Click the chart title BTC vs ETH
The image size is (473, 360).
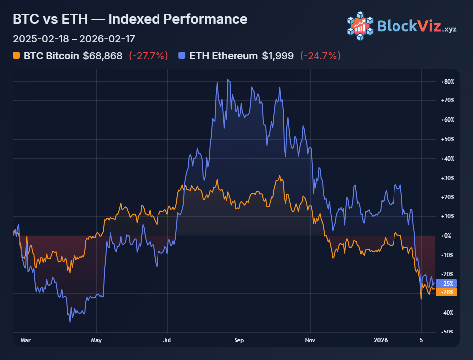point(130,19)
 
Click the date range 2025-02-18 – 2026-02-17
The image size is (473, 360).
point(74,39)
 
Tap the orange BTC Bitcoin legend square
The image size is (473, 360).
point(16,56)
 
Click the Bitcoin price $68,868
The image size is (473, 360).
point(102,56)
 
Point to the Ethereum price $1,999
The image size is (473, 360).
point(278,56)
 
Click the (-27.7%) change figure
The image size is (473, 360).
point(149,56)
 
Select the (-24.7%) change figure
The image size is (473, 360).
point(320,56)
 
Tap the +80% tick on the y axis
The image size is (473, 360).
point(448,81)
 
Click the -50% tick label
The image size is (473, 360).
point(448,332)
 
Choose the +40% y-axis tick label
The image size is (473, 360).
point(448,159)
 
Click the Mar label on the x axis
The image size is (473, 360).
point(25,341)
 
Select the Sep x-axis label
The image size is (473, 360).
point(239,341)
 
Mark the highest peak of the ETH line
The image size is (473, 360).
point(228,79)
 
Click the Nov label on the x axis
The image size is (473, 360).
point(310,341)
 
